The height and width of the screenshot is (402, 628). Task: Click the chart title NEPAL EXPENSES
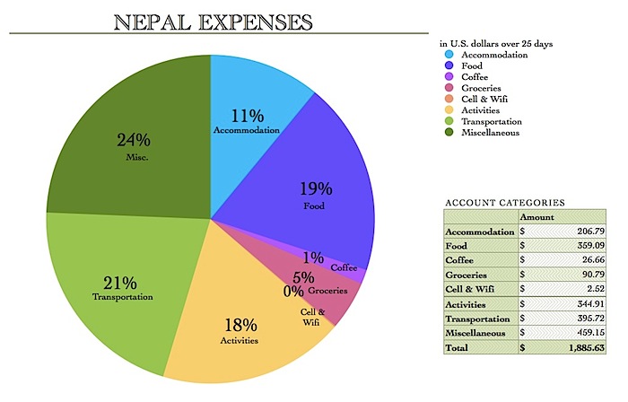pos(214,22)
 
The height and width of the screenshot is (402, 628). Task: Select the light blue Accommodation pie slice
pos(251,90)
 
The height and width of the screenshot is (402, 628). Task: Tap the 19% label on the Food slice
pos(315,188)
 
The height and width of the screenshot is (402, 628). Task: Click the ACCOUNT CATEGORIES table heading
pos(504,204)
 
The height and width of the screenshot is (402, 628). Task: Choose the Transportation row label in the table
pos(479,319)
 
